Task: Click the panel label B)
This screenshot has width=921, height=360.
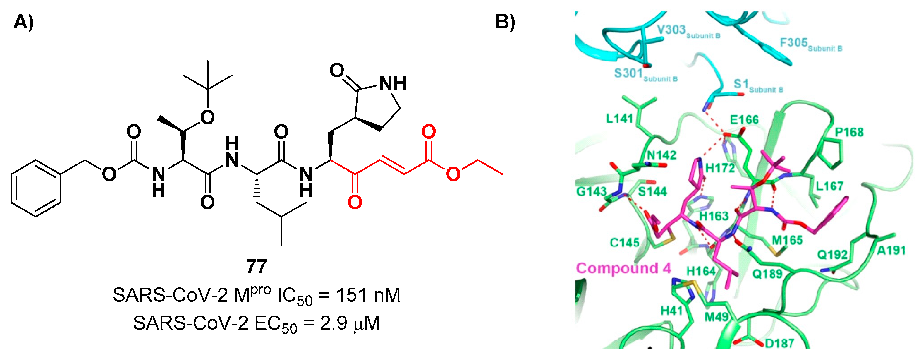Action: [505, 22]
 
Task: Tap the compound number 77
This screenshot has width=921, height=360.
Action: [256, 267]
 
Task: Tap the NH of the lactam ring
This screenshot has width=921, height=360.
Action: [392, 83]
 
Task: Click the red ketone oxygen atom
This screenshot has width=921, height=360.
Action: [355, 202]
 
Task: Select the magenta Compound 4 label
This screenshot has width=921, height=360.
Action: [623, 268]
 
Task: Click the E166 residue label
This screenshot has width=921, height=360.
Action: [744, 120]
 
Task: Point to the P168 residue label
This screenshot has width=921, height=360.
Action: [849, 132]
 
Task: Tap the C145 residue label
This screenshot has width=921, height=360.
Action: [624, 243]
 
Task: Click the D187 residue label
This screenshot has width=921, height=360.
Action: [779, 344]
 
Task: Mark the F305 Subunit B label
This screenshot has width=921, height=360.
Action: [810, 44]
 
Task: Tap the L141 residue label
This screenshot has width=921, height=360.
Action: [620, 119]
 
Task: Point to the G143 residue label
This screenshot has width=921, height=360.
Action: [591, 192]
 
